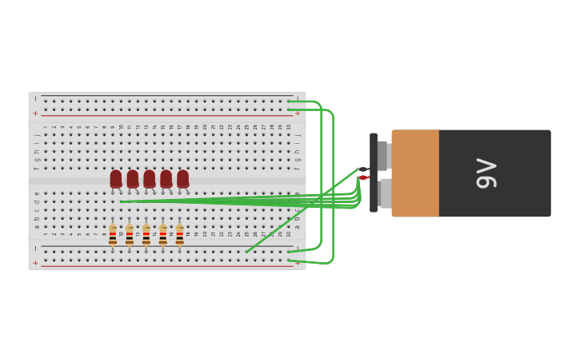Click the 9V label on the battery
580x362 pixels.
(x=486, y=173)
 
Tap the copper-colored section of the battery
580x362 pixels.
(x=415, y=173)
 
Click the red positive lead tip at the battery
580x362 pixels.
(x=362, y=177)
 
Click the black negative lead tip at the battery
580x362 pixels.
(x=362, y=169)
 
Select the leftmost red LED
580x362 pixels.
(x=116, y=179)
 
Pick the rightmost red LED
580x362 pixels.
(x=183, y=179)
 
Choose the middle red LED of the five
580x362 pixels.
(x=150, y=179)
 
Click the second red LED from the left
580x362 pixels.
(x=133, y=179)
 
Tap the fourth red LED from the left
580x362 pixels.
(x=166, y=179)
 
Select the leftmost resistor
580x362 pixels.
(x=113, y=234)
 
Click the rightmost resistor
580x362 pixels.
(x=180, y=234)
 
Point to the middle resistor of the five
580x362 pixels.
(x=146, y=234)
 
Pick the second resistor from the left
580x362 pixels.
(x=130, y=234)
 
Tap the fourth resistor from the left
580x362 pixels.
(x=163, y=234)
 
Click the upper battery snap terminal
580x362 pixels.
(x=383, y=155)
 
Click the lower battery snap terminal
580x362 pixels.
(x=386, y=193)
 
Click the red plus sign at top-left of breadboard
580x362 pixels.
(x=35, y=113)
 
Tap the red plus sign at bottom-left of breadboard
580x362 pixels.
(x=35, y=263)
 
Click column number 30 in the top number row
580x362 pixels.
(x=289, y=126)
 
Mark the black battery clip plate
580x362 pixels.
(x=374, y=173)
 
